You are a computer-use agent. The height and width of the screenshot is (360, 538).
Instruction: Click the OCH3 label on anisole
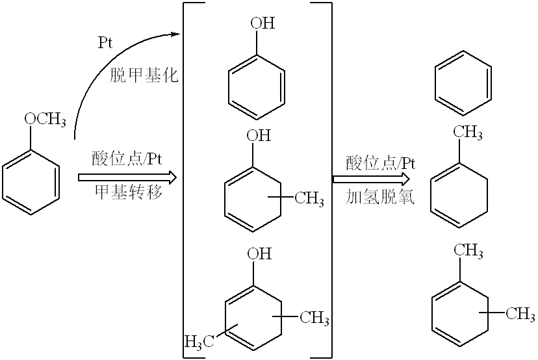point(45,120)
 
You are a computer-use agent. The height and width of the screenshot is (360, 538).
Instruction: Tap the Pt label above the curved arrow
point(105,43)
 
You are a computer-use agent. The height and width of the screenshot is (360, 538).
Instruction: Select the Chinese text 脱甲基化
point(144,75)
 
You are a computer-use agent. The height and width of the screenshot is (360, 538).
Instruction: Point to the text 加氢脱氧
point(380,197)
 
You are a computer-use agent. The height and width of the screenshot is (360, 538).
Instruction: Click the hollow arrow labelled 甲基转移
point(127,177)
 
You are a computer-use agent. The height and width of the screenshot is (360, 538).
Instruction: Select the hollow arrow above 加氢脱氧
point(371,179)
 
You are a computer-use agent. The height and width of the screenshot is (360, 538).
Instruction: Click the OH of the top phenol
point(263,23)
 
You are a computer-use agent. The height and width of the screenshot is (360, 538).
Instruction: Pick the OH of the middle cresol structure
point(259,136)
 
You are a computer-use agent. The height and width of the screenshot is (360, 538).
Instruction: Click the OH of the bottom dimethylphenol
point(259,253)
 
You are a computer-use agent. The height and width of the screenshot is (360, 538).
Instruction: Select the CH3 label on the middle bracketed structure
point(309,199)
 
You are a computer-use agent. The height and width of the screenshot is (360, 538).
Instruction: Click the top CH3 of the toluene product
point(468,132)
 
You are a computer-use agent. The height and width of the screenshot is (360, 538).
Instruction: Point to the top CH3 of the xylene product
point(468,251)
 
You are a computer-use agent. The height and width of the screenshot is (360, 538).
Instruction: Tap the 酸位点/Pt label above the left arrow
point(127,159)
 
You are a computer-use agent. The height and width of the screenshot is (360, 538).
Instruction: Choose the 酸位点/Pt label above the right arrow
point(381,162)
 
